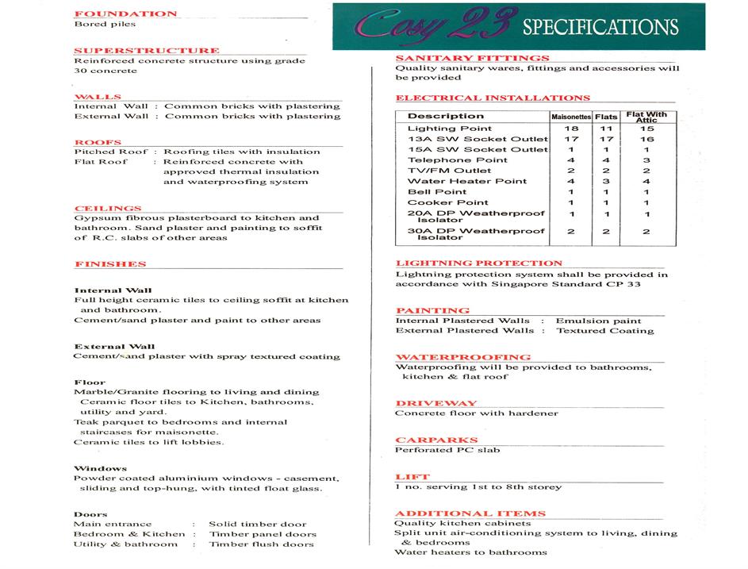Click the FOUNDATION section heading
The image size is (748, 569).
[x=125, y=13]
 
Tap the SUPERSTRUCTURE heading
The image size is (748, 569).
[x=146, y=50]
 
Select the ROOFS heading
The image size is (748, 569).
[x=98, y=142]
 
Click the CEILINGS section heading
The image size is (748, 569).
[x=108, y=208]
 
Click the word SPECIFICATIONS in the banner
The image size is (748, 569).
[x=600, y=28]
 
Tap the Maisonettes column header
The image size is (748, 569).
[x=571, y=117]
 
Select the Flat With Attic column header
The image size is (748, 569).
[x=646, y=117]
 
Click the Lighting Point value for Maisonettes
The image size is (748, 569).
[x=571, y=129]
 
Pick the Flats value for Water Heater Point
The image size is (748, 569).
[x=606, y=181]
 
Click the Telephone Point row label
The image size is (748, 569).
[x=457, y=160]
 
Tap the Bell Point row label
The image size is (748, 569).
[x=437, y=191]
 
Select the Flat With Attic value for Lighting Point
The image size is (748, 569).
[x=646, y=129]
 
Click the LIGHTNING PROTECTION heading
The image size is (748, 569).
[x=478, y=263]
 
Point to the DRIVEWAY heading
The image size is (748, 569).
[x=436, y=403]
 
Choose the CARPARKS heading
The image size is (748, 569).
[x=436, y=440]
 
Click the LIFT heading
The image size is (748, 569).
[x=412, y=477]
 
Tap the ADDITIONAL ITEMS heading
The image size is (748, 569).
[x=470, y=513]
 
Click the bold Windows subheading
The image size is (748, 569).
[x=100, y=468]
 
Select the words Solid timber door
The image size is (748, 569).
[x=257, y=524]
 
